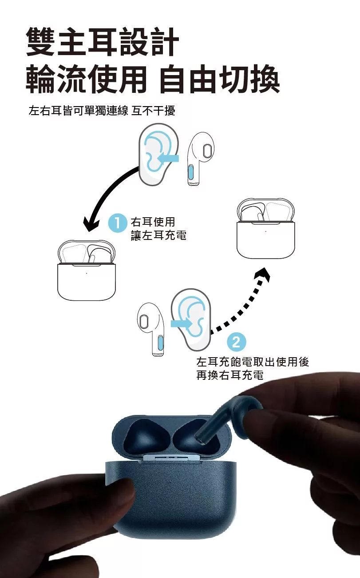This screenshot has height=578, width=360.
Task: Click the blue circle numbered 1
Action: pos(118,223)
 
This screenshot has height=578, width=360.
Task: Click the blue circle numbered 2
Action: pos(236,342)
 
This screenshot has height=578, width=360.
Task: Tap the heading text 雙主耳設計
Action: pos(103,42)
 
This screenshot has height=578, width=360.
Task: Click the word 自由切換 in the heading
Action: pos(219,80)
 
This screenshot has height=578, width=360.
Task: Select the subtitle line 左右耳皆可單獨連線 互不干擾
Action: pos(102,111)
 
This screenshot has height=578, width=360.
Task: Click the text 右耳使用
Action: pos(153,222)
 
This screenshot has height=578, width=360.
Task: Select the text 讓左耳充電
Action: pos(158,236)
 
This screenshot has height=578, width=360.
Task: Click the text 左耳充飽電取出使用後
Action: pos(252,362)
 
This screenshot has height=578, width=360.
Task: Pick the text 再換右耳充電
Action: pos(230,376)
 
